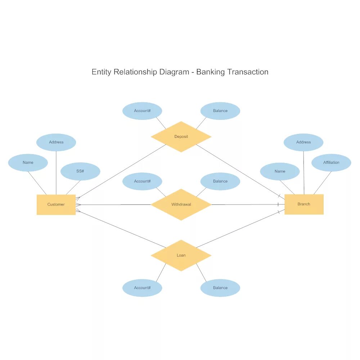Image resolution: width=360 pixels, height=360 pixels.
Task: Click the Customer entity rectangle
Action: [56, 204]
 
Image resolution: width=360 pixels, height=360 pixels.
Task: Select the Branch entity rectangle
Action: [304, 204]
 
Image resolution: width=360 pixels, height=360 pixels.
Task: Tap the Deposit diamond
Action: [181, 136]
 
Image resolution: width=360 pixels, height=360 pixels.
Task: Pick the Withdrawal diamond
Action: [181, 204]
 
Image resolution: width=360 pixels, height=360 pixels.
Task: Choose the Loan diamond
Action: [181, 255]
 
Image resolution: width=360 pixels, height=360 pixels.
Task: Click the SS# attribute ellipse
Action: [80, 171]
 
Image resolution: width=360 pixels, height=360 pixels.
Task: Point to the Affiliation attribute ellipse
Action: [331, 163]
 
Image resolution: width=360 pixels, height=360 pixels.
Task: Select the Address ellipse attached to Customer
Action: [56, 142]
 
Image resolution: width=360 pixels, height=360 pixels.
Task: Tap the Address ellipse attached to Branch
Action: [303, 142]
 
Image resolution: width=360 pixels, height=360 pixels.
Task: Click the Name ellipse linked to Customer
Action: [28, 163]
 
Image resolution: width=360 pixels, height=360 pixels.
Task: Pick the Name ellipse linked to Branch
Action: [280, 171]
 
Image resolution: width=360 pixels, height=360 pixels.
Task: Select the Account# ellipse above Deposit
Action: [142, 111]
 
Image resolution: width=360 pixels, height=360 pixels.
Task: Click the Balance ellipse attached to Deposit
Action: [220, 111]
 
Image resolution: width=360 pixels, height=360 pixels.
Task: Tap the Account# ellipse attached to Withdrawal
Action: [142, 181]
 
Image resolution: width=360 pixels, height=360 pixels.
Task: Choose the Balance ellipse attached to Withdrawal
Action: [220, 181]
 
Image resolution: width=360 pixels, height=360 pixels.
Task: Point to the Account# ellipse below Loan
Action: [142, 288]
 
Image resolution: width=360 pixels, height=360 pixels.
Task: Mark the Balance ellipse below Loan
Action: [220, 288]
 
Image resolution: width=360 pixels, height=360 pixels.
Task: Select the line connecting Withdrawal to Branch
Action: [245, 204]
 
